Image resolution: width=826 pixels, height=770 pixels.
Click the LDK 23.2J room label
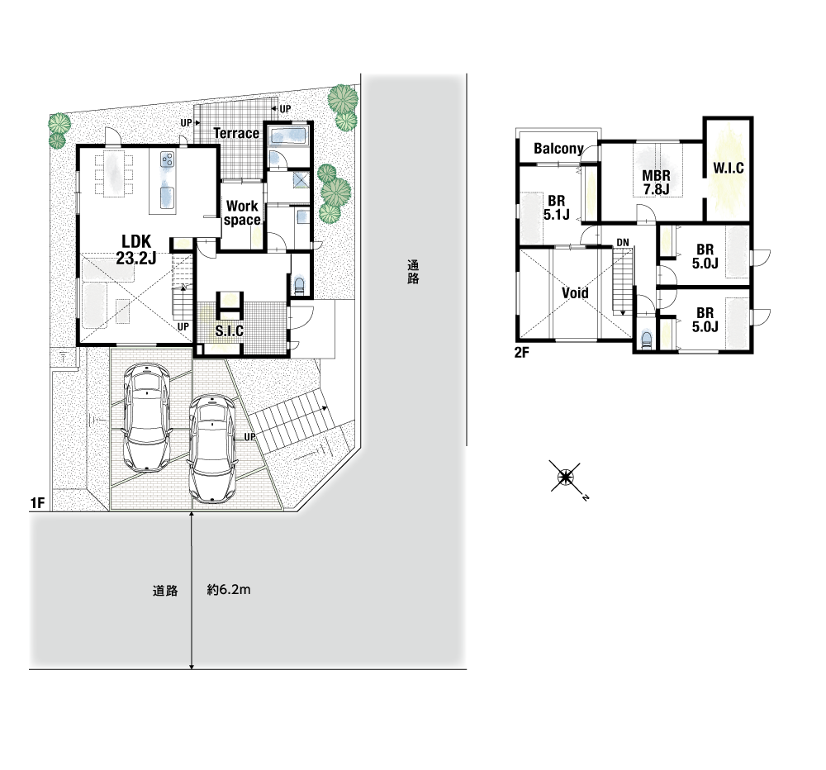tap(136, 250)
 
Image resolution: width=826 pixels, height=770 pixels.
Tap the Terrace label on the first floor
tap(236, 133)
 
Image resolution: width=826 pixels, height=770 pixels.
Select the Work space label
tap(242, 213)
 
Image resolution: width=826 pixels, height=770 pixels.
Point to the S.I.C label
tap(229, 330)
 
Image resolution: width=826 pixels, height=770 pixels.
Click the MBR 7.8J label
tap(656, 183)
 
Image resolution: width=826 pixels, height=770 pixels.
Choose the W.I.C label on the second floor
tap(729, 168)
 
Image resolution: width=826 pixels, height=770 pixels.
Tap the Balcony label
tap(558, 149)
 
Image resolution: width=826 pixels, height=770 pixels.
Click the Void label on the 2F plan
tap(575, 292)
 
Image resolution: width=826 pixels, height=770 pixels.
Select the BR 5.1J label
tap(556, 207)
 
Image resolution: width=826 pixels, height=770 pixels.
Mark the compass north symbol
tap(566, 478)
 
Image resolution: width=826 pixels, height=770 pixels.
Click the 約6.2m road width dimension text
tap(229, 590)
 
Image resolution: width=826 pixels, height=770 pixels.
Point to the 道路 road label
tap(165, 591)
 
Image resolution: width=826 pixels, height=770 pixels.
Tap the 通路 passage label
tap(413, 272)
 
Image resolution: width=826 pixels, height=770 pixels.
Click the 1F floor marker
tap(37, 503)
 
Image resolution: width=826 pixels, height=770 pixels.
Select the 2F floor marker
tap(521, 353)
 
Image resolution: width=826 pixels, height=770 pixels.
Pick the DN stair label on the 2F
tap(623, 242)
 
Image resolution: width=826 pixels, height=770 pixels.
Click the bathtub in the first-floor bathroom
tap(288, 135)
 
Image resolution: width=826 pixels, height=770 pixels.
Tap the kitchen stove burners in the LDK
tap(168, 159)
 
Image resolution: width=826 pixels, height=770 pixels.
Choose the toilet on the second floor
tap(647, 340)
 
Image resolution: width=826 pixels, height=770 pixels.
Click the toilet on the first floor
tap(300, 286)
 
